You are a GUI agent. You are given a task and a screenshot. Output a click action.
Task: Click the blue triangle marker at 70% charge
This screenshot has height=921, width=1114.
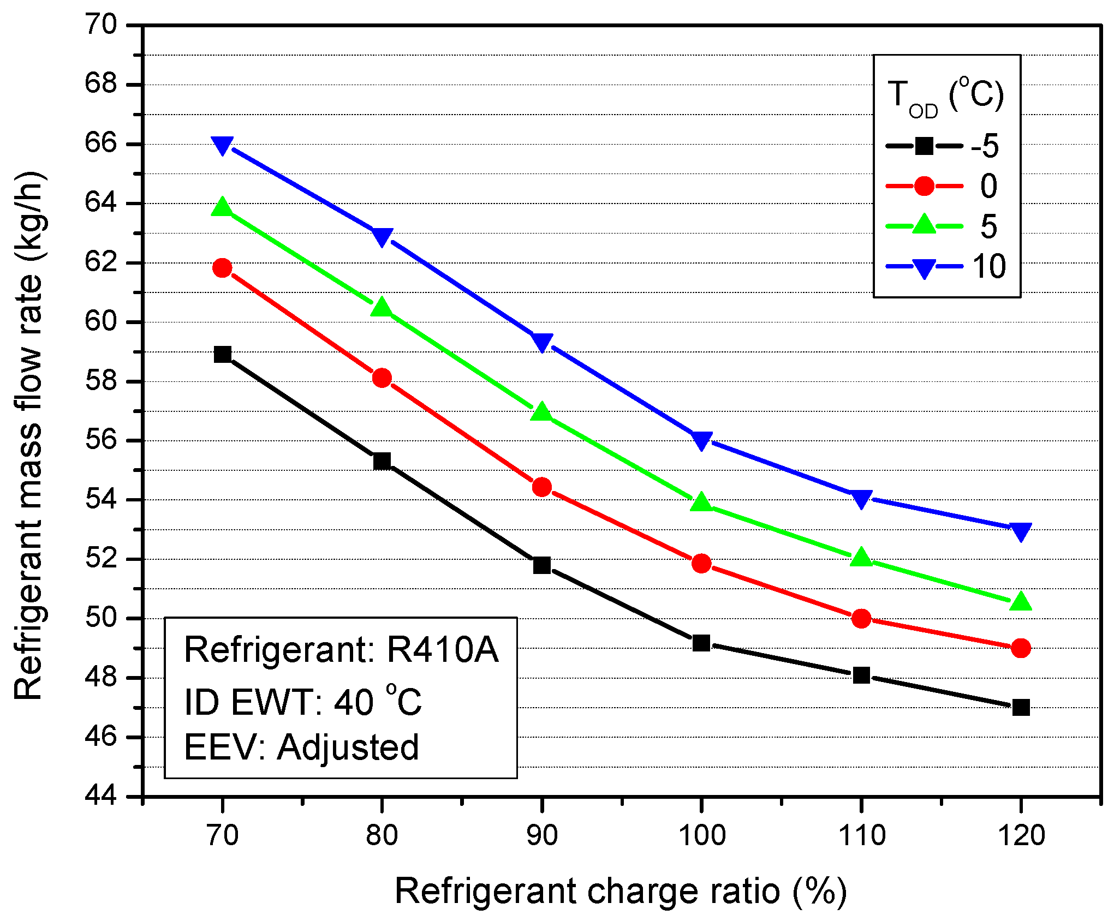[222, 145]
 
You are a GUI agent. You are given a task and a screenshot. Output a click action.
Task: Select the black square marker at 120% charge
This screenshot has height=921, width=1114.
[1021, 708]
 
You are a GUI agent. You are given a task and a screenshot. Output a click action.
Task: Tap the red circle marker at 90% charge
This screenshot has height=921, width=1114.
[541, 487]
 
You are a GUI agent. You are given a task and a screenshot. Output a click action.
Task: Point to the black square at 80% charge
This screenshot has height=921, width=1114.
[382, 461]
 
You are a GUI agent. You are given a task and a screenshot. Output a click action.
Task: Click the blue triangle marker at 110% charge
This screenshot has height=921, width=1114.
[861, 498]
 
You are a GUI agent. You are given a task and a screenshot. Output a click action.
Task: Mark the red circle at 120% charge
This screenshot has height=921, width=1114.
[1021, 648]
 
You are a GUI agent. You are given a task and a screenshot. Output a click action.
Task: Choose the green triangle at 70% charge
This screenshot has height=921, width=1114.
[222, 208]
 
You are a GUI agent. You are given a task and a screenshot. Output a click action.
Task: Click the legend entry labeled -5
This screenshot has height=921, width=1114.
[985, 146]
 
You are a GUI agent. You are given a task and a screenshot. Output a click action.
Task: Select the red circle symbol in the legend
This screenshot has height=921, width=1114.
[924, 186]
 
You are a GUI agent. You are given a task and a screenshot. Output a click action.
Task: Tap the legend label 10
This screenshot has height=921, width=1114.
[988, 267]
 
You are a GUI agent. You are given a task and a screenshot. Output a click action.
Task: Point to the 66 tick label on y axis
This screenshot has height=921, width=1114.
[101, 143]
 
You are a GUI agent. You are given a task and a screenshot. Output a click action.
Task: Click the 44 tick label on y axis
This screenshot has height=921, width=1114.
[101, 796]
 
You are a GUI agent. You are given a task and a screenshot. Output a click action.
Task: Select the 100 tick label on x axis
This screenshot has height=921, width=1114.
[702, 835]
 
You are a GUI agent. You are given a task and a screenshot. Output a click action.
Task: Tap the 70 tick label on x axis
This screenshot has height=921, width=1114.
[223, 835]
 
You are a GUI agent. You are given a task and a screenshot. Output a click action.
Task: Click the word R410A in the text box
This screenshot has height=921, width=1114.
[442, 650]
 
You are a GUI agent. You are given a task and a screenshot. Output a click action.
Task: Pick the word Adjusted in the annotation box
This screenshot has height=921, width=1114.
[348, 747]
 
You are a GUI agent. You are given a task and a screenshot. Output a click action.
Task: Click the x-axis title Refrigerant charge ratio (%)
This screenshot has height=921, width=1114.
[620, 892]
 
